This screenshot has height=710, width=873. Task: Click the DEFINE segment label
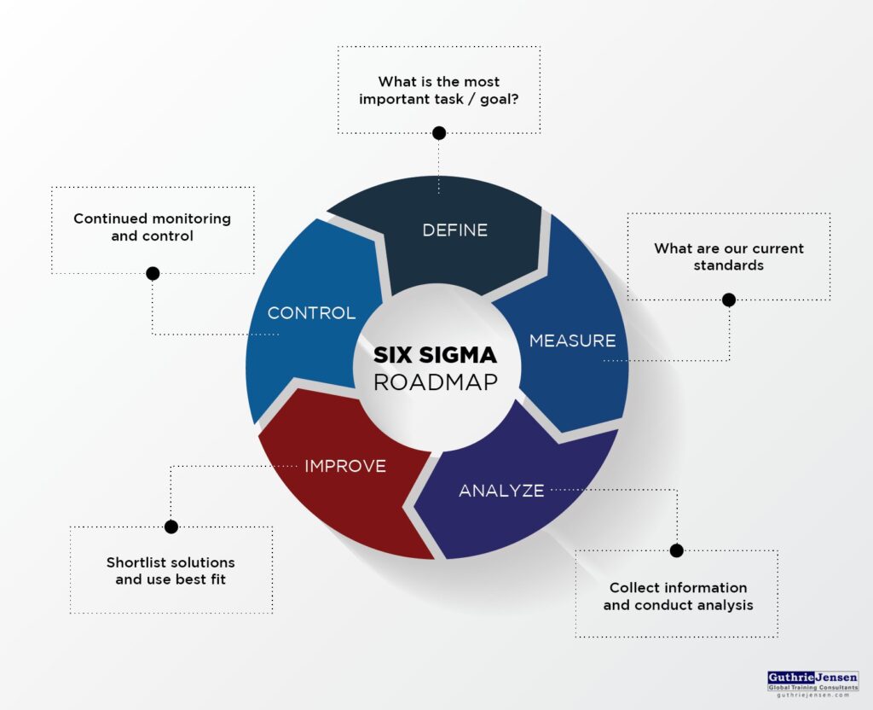pyautogui.click(x=455, y=230)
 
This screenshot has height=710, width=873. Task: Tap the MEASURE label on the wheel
pyautogui.click(x=572, y=340)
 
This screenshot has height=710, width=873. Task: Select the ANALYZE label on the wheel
pyautogui.click(x=501, y=491)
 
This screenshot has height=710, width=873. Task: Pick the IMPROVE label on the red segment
pyautogui.click(x=345, y=466)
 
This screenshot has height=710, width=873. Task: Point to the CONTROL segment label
pyautogui.click(x=311, y=313)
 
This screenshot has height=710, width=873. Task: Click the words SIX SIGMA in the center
pyautogui.click(x=435, y=354)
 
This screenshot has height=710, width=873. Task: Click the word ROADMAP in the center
pyautogui.click(x=435, y=381)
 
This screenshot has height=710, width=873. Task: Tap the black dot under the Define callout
pyautogui.click(x=439, y=133)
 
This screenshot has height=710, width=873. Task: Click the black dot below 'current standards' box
pyautogui.click(x=728, y=300)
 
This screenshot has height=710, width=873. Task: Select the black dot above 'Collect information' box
pyautogui.click(x=677, y=550)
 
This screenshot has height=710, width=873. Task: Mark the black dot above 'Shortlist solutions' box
pyautogui.click(x=171, y=527)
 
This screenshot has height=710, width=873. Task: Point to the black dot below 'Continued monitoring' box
pyautogui.click(x=153, y=273)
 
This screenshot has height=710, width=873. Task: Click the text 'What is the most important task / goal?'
pyautogui.click(x=439, y=90)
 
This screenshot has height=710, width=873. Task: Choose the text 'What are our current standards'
pyautogui.click(x=729, y=257)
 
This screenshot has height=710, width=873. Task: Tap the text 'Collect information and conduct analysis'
pyautogui.click(x=678, y=597)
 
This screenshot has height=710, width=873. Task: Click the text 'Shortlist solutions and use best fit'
pyautogui.click(x=171, y=571)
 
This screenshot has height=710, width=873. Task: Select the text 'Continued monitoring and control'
pyautogui.click(x=152, y=227)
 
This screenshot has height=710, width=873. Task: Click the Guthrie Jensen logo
pyautogui.click(x=812, y=676)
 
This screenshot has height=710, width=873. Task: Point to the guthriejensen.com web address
pyautogui.click(x=812, y=695)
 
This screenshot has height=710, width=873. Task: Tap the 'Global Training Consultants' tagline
pyautogui.click(x=812, y=687)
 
